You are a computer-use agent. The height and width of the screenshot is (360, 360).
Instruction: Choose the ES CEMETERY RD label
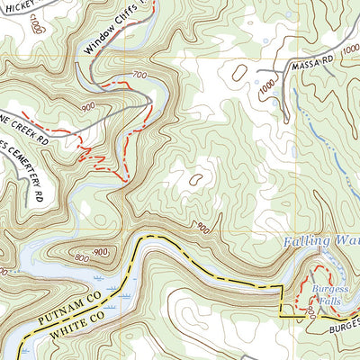point(20,171)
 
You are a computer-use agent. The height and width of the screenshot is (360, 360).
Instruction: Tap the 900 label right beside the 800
point(101,251)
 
